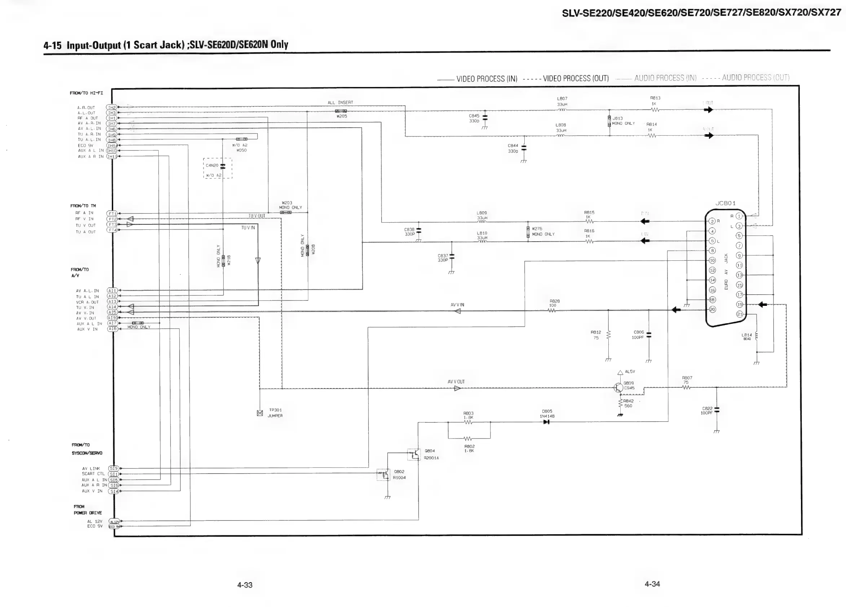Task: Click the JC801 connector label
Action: (x=726, y=203)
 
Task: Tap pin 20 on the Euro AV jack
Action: (x=712, y=309)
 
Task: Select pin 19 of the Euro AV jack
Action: (x=739, y=304)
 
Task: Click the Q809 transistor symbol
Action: (x=618, y=387)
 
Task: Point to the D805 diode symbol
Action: (x=546, y=422)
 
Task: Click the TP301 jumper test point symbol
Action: (x=260, y=413)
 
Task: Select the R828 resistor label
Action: (x=555, y=301)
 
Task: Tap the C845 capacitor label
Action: (x=474, y=116)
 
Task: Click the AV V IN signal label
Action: (x=457, y=305)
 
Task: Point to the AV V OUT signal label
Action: (x=456, y=382)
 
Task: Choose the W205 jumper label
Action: (x=342, y=116)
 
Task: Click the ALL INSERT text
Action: (x=340, y=102)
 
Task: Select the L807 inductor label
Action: (x=562, y=99)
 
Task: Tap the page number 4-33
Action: (x=245, y=585)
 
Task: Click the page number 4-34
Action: (x=652, y=584)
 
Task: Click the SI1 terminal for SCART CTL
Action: (x=113, y=474)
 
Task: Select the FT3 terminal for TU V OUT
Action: (x=112, y=225)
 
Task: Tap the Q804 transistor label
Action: (x=430, y=451)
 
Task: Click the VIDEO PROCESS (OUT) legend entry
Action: (x=576, y=78)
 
